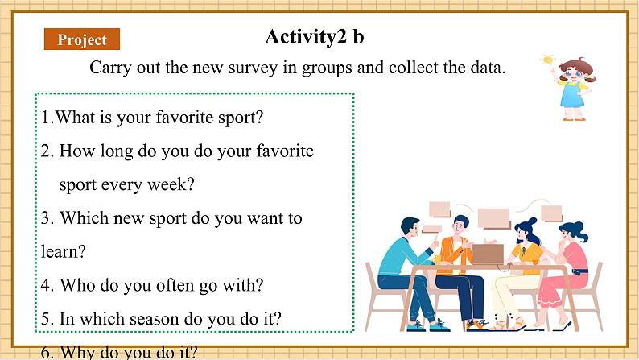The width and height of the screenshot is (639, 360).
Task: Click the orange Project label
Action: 82,39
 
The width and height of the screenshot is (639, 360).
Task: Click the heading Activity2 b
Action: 314,37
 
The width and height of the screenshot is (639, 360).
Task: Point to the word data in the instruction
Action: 488,67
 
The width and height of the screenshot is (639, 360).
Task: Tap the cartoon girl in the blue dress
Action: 574,89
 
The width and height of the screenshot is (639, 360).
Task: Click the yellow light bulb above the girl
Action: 547,60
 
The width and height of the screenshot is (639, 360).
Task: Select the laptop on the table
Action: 488,254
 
